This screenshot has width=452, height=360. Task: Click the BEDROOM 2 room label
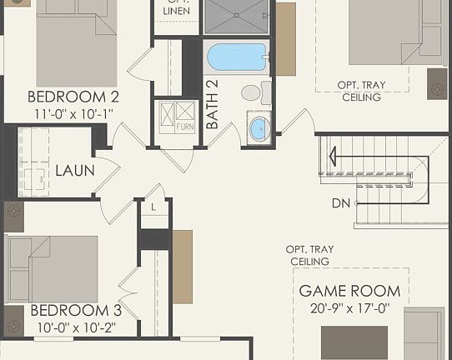(73, 96)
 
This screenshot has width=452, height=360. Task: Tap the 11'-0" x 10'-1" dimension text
(73, 112)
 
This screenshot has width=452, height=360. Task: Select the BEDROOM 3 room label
(76, 311)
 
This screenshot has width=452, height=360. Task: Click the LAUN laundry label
(74, 171)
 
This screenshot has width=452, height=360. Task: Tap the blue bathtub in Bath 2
(237, 57)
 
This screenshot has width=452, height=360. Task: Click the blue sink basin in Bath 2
(259, 128)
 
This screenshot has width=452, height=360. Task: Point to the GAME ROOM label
(349, 292)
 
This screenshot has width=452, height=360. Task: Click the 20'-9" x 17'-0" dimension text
(349, 308)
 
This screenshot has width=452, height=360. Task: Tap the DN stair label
(340, 202)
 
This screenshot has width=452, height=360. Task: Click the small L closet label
(153, 207)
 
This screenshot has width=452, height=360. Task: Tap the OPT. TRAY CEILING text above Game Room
(309, 255)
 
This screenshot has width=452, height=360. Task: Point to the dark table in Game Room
(354, 342)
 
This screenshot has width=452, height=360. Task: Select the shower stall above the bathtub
(237, 16)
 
